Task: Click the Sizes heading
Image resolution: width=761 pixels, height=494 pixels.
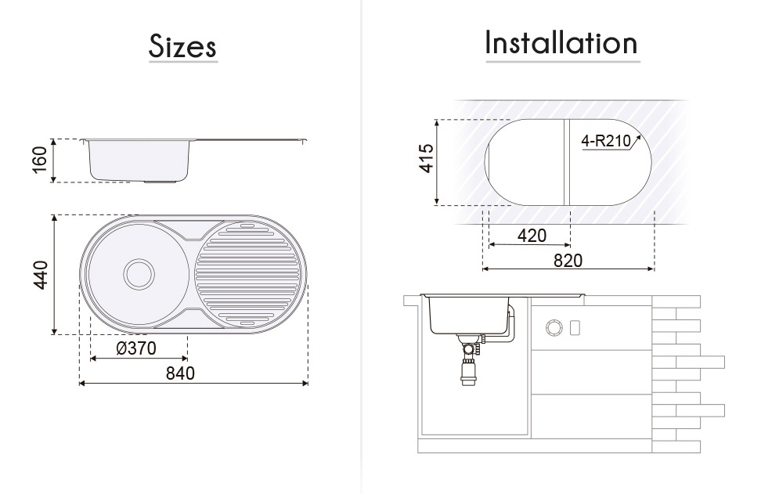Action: (182, 46)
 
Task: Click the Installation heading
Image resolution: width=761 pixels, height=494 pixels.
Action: (561, 42)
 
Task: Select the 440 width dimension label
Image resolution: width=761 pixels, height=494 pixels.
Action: (41, 275)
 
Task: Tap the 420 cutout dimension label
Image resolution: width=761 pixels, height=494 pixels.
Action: (532, 235)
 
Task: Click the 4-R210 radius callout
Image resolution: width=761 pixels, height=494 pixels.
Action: (604, 142)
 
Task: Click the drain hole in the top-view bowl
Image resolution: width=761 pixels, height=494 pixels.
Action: (139, 273)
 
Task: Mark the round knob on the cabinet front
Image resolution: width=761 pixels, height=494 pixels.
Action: (554, 326)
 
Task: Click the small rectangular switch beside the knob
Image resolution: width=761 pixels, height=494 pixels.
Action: (574, 326)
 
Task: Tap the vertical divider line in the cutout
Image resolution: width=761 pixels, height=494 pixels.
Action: (565, 161)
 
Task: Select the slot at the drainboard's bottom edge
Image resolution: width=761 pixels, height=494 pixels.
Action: (246, 323)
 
